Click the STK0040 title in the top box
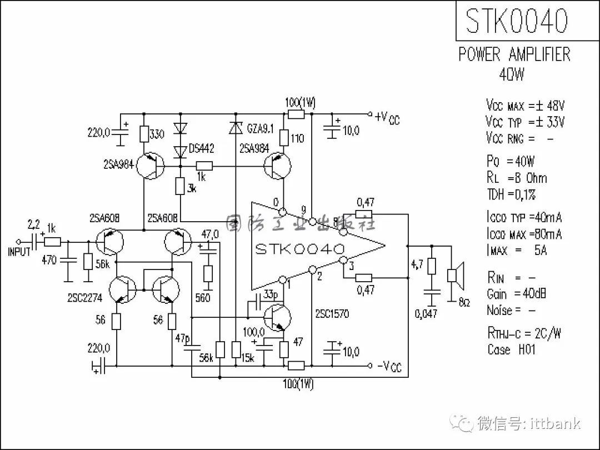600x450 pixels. coord(517,21)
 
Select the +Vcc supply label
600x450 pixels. coord(387,117)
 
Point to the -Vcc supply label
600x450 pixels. coord(389,367)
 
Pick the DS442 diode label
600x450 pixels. coord(201,148)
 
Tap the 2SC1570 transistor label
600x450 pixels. coord(332,314)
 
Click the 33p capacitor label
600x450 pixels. coord(271,294)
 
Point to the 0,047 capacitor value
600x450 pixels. coord(426,314)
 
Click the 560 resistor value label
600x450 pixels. coord(203,298)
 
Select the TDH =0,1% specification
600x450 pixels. coord(511,194)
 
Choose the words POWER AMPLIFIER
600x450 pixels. coord(514,54)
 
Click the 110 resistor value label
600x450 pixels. coord(297,138)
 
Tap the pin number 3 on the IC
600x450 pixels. coord(351,267)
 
